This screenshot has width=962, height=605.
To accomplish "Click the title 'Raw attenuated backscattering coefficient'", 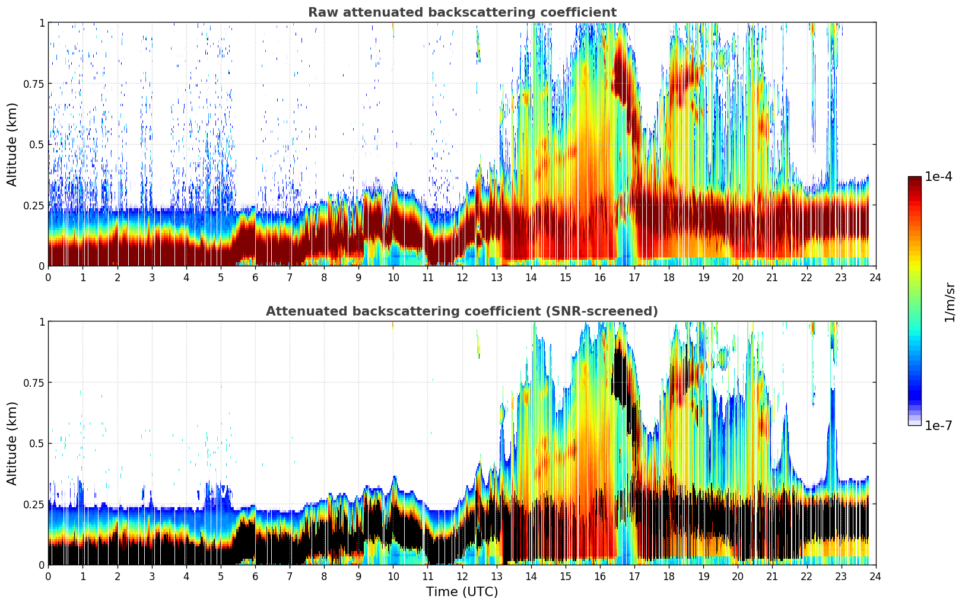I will tap(462, 12).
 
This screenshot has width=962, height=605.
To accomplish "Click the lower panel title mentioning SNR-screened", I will tap(462, 311).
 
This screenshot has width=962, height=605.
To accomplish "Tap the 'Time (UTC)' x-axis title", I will tap(462, 592).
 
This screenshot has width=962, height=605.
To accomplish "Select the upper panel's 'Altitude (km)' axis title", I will tap(12, 144).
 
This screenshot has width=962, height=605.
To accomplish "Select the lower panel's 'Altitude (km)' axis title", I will tap(12, 443).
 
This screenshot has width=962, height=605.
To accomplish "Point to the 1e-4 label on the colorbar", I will tap(938, 177).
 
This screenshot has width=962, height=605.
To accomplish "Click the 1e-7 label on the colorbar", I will tap(938, 425).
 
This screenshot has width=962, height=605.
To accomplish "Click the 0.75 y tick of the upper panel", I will tap(34, 84).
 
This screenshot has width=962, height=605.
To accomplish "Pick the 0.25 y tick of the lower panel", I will tap(34, 504).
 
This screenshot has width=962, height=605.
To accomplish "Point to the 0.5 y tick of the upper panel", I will tap(37, 144).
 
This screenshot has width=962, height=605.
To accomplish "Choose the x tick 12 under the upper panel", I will tap(462, 277).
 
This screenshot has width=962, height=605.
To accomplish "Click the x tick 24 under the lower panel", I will tap(875, 576).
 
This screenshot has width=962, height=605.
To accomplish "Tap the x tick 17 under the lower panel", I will tap(634, 576).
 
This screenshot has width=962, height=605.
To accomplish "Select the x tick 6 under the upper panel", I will tap(255, 277).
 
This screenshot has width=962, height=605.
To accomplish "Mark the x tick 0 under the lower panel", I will tap(48, 576).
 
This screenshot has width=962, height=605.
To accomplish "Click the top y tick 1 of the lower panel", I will tap(42, 322).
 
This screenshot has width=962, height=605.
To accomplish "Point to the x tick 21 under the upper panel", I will tap(772, 277).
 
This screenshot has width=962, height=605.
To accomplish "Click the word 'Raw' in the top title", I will tap(321, 12).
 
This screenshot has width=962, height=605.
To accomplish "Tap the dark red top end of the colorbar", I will tap(915, 179).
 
